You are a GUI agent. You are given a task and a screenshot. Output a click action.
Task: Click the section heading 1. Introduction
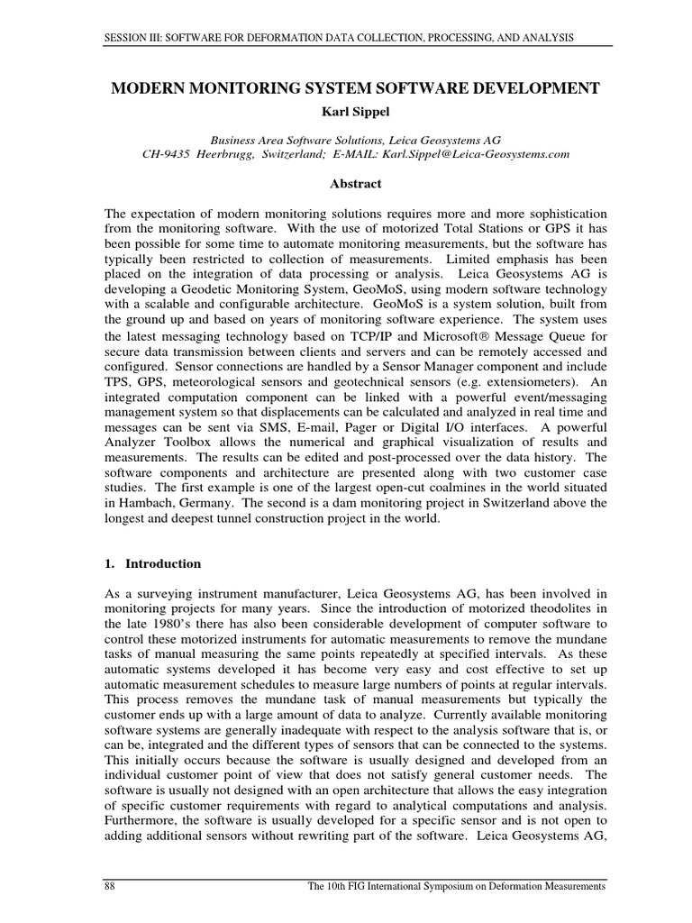[x=153, y=564]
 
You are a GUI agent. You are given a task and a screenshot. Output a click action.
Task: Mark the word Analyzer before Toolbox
[x=132, y=443]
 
